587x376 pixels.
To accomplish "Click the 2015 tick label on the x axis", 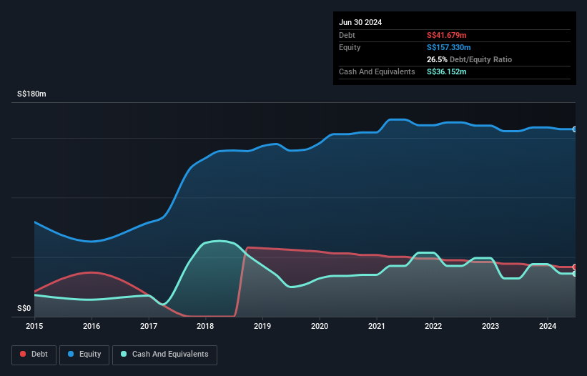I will click(34, 326).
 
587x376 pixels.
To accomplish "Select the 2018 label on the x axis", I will click(206, 326).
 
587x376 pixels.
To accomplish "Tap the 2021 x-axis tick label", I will click(377, 326).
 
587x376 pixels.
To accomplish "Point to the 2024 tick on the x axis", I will click(548, 326).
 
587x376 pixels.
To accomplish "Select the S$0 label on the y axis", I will click(24, 309).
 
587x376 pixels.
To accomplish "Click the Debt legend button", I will click(33, 354).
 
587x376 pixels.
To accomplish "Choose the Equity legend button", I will click(84, 354).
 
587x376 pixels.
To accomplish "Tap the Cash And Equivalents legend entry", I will click(164, 354).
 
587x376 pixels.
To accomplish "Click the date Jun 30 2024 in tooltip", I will click(360, 22).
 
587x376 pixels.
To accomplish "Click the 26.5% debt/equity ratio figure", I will click(438, 59).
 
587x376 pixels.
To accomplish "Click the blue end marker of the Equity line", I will click(575, 129).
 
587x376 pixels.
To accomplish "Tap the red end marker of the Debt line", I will click(575, 267).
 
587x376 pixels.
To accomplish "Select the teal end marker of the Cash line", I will click(575, 274).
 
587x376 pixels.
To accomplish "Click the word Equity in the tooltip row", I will click(350, 47).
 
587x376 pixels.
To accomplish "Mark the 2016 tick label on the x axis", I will click(92, 326).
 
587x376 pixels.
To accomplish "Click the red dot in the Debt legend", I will click(23, 354).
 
